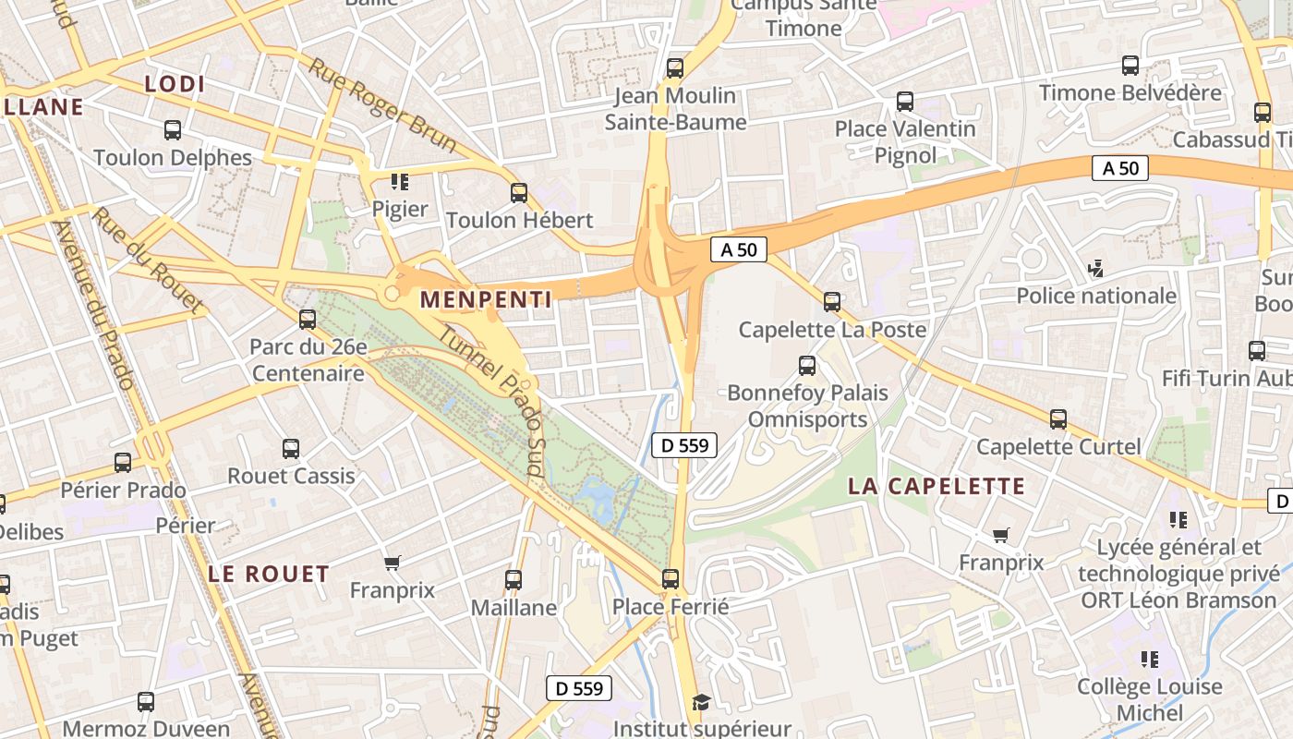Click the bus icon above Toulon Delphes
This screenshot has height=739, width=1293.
pyautogui.click(x=173, y=130)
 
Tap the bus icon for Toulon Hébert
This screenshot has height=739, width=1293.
pyautogui.click(x=519, y=193)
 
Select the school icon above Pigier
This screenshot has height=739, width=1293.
pyautogui.click(x=400, y=181)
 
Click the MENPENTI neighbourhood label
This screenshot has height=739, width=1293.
pyautogui.click(x=486, y=299)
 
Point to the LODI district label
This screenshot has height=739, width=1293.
pyautogui.click(x=175, y=84)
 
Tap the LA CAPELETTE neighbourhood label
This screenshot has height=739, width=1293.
pyautogui.click(x=937, y=486)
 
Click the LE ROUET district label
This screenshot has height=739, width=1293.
pyautogui.click(x=269, y=574)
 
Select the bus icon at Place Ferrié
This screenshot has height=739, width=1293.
pyautogui.click(x=671, y=579)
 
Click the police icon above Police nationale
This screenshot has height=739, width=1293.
pyautogui.click(x=1096, y=269)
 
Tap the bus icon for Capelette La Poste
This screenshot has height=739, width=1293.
pyautogui.click(x=832, y=301)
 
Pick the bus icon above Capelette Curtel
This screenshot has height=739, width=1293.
pyautogui.click(x=1058, y=419)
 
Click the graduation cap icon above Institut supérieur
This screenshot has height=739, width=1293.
pyautogui.click(x=702, y=703)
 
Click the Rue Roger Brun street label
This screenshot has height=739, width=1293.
pyautogui.click(x=382, y=105)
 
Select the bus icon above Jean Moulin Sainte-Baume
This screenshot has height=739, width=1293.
pyautogui.click(x=675, y=67)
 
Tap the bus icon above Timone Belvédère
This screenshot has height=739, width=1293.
pyautogui.click(x=1130, y=66)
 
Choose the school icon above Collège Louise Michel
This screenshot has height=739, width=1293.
pyautogui.click(x=1150, y=660)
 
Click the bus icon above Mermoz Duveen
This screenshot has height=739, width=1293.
pyautogui.click(x=146, y=702)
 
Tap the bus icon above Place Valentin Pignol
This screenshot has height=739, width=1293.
pyautogui.click(x=905, y=102)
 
